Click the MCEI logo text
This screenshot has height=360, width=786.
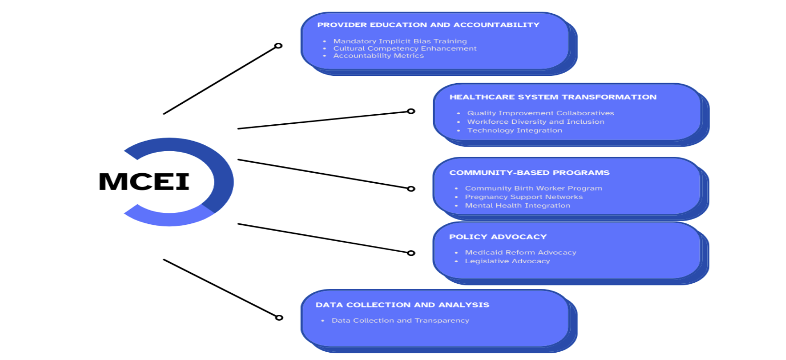click(x=144, y=182)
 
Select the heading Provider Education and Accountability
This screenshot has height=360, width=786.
click(x=428, y=25)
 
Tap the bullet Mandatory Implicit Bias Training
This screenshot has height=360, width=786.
click(x=400, y=41)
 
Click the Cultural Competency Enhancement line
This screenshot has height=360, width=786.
click(x=404, y=48)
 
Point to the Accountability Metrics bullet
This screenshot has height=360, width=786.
click(x=378, y=56)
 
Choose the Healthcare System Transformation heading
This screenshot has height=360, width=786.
click(x=553, y=97)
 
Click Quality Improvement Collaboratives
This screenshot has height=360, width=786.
click(x=540, y=113)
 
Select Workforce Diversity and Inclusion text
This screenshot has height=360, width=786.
click(x=536, y=122)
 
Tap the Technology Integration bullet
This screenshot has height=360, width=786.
click(x=515, y=130)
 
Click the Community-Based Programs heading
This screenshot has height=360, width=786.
click(x=529, y=173)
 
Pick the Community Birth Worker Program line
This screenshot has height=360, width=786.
click(x=533, y=188)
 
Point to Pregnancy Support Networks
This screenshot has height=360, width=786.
click(x=524, y=197)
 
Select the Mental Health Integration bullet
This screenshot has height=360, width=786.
click(x=517, y=206)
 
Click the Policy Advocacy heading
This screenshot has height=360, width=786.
click(x=498, y=237)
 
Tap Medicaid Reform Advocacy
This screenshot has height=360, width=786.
click(x=520, y=252)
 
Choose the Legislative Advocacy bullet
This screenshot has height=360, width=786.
click(x=507, y=261)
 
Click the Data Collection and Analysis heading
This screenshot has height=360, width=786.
click(x=402, y=305)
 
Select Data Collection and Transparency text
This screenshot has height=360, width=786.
click(x=400, y=320)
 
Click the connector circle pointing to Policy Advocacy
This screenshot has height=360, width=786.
click(x=411, y=253)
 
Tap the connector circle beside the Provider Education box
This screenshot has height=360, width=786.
click(x=278, y=46)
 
